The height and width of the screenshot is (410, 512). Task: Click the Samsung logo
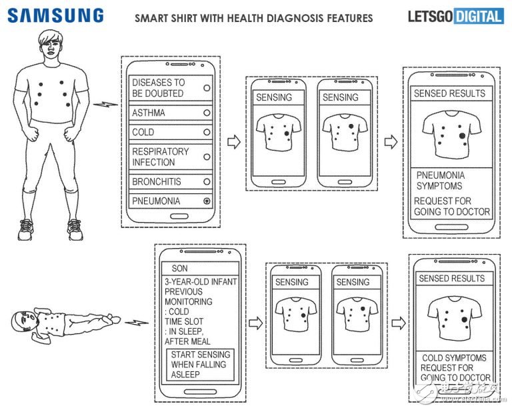pos(55,16)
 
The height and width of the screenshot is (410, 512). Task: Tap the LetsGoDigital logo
pos(455,17)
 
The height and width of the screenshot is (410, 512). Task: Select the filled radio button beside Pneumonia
pos(207,201)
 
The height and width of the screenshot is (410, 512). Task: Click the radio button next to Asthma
pos(207,113)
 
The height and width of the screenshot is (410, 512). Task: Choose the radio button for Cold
pos(207,132)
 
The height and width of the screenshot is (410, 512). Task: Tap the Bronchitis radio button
pos(207,181)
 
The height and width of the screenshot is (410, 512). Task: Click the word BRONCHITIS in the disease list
pos(157,181)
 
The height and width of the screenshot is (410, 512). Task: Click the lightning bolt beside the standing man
pos(105,105)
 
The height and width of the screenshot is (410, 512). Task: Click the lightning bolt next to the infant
pos(137,323)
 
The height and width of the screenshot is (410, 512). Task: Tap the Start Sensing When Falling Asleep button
pos(200,365)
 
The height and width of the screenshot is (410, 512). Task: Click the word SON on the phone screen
pos(179,268)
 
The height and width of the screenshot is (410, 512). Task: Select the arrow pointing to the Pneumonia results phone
pos(391,142)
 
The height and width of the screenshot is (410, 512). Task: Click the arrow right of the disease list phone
pos(234,142)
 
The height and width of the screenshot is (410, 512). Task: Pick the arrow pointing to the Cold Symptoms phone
pos(399,323)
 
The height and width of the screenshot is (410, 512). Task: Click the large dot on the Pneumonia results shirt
pos(462,135)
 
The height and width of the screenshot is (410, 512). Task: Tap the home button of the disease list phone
pos(179,216)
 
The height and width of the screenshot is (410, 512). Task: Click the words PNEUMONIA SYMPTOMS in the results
pos(440,181)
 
